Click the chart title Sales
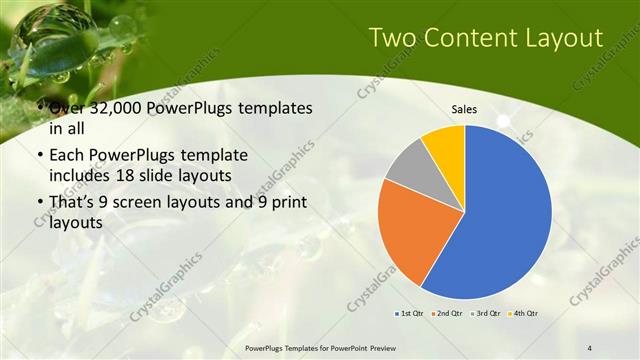pos(464,109)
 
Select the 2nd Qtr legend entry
pos(447,314)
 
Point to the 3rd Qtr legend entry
pos(485,314)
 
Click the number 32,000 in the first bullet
pos(110,108)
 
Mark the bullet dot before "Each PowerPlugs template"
pos(38,156)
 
